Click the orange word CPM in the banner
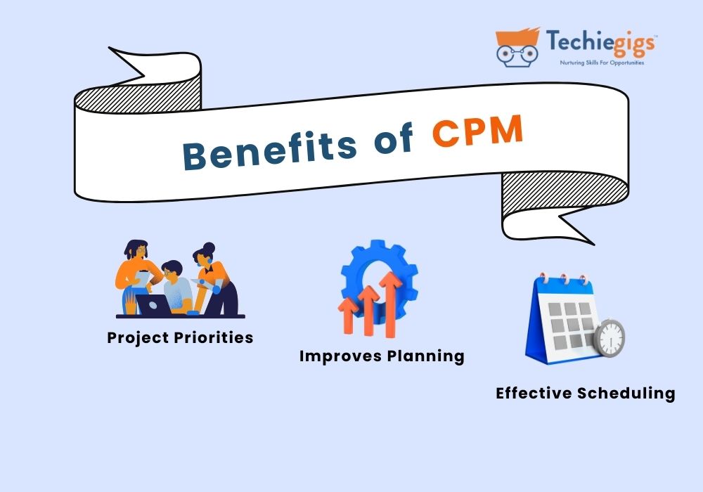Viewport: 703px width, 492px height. pos(478,131)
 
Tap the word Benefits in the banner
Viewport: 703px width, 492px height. pos(269,149)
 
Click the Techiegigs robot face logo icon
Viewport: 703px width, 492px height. pos(517,47)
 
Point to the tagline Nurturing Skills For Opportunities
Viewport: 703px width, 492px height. pos(602,63)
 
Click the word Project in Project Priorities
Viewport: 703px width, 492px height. pos(138,338)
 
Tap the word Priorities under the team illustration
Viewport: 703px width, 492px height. pos(214,337)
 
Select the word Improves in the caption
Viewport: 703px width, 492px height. pos(340,356)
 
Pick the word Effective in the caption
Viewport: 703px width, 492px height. pos(534,393)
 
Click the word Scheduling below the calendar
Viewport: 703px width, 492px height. pos(626,394)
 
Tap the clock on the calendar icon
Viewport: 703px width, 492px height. pos(609,338)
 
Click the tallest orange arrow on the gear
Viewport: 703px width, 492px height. pos(390,304)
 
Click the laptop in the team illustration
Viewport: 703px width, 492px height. pos(153,304)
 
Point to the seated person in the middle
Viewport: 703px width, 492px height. pos(177,287)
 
